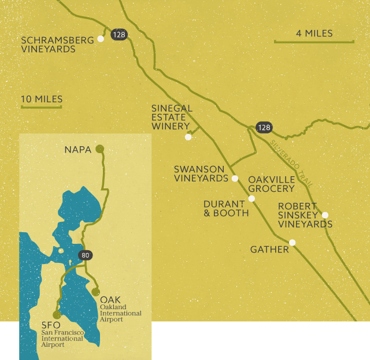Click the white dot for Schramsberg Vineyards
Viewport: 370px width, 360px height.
click(x=101, y=39)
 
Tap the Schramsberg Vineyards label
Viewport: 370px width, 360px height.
click(x=48, y=44)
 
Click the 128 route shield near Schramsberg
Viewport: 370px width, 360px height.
click(x=119, y=35)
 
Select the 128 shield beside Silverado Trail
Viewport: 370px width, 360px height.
click(x=264, y=127)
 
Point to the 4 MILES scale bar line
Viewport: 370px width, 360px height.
click(x=313, y=42)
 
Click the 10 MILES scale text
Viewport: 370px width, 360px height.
click(x=42, y=99)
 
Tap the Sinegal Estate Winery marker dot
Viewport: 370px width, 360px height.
click(x=188, y=137)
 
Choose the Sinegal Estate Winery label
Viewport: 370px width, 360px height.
click(x=172, y=117)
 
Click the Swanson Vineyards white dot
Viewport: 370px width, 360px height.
click(x=235, y=179)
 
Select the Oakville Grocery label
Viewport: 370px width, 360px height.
click(x=271, y=184)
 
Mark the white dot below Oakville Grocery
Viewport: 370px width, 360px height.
click(x=251, y=199)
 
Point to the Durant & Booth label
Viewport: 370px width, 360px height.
click(x=226, y=209)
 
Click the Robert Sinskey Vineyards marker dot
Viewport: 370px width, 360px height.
click(x=325, y=215)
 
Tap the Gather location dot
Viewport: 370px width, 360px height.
click(x=293, y=243)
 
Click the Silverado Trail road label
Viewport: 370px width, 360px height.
click(x=291, y=163)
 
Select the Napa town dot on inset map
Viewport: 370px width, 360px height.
click(x=99, y=149)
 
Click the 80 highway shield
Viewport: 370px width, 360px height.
click(x=85, y=255)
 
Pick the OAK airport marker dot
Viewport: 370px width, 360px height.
click(x=95, y=292)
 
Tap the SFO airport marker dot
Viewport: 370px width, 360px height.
click(x=57, y=315)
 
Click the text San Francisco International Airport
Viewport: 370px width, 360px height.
click(x=62, y=339)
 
